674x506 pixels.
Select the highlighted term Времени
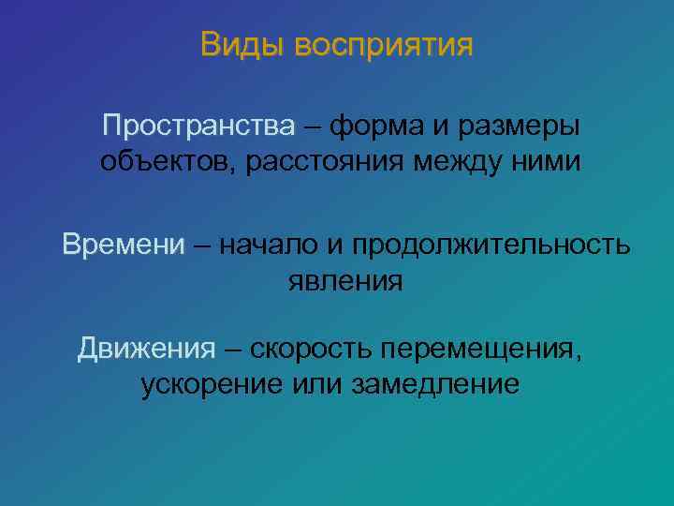pyautogui.click(x=124, y=246)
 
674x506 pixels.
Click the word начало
pyautogui.click(x=271, y=246)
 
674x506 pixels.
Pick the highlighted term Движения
pyautogui.click(x=146, y=349)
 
